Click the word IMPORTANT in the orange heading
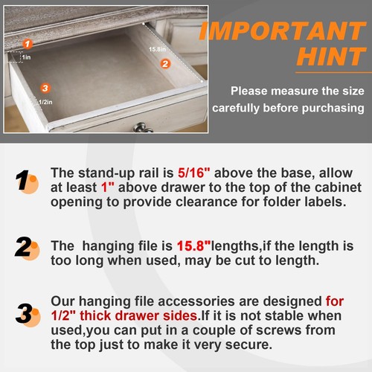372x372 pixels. coord(285,31)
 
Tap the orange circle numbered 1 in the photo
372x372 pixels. coord(28,44)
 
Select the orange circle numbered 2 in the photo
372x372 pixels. coord(165,64)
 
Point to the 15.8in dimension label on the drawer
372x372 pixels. coord(155,49)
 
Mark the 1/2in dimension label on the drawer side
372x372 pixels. coord(28,103)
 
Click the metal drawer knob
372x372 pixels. coord(143,128)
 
